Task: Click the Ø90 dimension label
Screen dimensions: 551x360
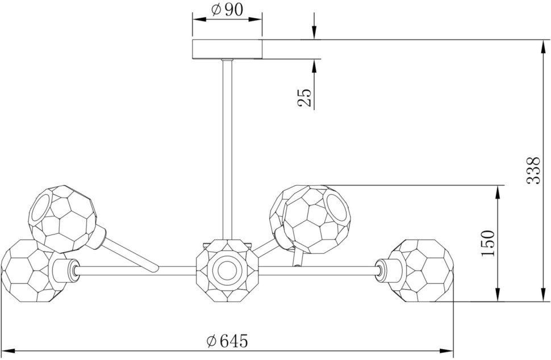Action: [227, 10]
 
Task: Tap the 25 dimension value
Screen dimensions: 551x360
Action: [304, 98]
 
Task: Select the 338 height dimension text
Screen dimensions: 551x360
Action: [533, 170]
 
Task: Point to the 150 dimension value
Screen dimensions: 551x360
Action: [488, 243]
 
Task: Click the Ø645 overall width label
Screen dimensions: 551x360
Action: [227, 341]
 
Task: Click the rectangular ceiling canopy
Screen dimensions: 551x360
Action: [227, 49]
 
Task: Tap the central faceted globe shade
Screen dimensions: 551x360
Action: [227, 270]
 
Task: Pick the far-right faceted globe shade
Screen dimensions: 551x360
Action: [421, 270]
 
